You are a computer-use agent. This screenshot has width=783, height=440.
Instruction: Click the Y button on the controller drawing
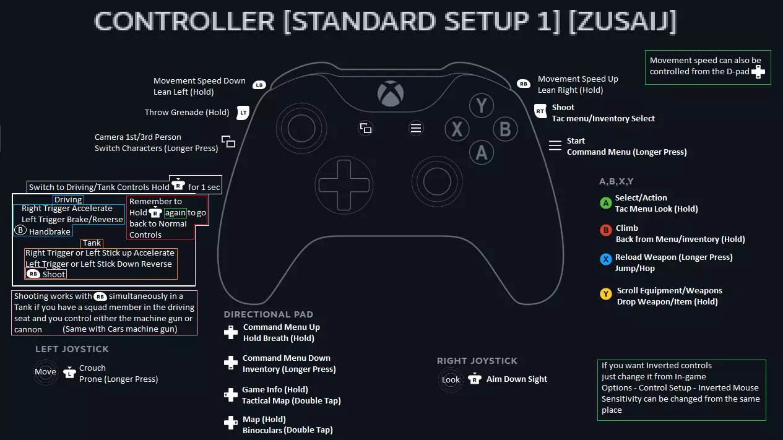pos(481,106)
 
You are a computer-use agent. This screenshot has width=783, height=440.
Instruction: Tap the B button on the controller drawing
pos(504,129)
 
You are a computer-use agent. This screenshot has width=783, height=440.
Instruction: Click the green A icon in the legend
pos(606,203)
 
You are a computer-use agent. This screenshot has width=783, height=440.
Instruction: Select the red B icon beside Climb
pos(606,230)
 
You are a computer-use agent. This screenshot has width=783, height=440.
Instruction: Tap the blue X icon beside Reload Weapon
pos(606,259)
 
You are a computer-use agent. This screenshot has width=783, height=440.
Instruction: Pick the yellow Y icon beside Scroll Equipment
pos(606,294)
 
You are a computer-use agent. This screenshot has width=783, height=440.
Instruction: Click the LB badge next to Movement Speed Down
pos(259,85)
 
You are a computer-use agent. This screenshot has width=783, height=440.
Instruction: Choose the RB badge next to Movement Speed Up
pos(524,84)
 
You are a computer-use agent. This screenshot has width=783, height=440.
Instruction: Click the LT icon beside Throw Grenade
pos(243,113)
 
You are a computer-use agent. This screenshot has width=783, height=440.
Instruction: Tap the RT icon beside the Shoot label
pos(540,111)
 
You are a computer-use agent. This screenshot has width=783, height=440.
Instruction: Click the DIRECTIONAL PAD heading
pos(269,314)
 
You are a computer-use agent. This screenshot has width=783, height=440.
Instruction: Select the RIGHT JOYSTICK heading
pos(477,361)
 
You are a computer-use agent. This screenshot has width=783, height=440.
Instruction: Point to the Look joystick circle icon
pos(451,379)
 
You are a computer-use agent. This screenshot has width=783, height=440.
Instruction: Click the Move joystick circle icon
pos(45,372)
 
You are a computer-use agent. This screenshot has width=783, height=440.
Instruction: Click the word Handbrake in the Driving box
pos(49,231)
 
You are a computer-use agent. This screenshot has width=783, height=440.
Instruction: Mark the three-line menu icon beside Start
pos(555,145)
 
